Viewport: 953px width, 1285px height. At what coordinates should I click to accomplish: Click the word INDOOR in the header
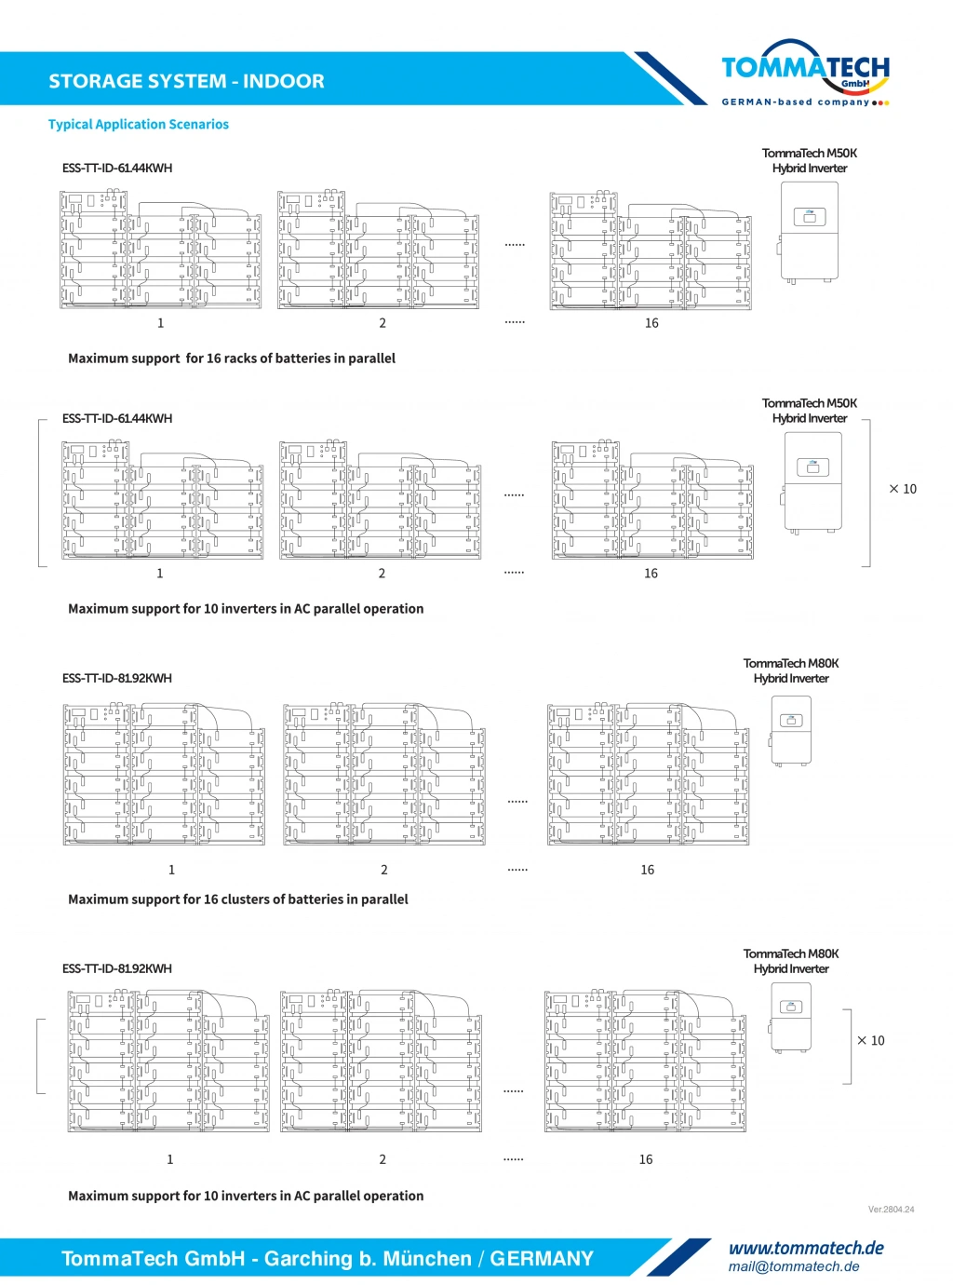tap(284, 82)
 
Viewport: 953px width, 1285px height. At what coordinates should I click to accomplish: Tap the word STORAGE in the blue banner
tap(91, 82)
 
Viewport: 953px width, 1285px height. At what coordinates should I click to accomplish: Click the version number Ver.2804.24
tap(891, 1210)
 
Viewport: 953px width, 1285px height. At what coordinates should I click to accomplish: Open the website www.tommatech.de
tap(806, 1248)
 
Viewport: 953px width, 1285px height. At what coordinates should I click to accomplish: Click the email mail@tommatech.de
tap(794, 1266)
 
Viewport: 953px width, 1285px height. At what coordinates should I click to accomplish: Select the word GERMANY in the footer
tap(542, 1259)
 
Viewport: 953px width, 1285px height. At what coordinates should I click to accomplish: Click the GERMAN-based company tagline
tap(795, 102)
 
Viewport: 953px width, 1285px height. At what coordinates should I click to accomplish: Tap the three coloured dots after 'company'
tap(881, 102)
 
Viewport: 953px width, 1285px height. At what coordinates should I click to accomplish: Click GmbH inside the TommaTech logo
tap(854, 84)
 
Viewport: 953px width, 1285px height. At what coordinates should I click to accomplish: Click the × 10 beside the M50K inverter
tap(903, 489)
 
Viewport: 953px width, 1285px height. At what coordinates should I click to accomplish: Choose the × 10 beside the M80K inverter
tap(871, 1041)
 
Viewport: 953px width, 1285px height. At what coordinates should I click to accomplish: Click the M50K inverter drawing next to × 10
tap(812, 482)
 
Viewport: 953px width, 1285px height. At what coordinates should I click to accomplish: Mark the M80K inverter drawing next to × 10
tap(791, 1019)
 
